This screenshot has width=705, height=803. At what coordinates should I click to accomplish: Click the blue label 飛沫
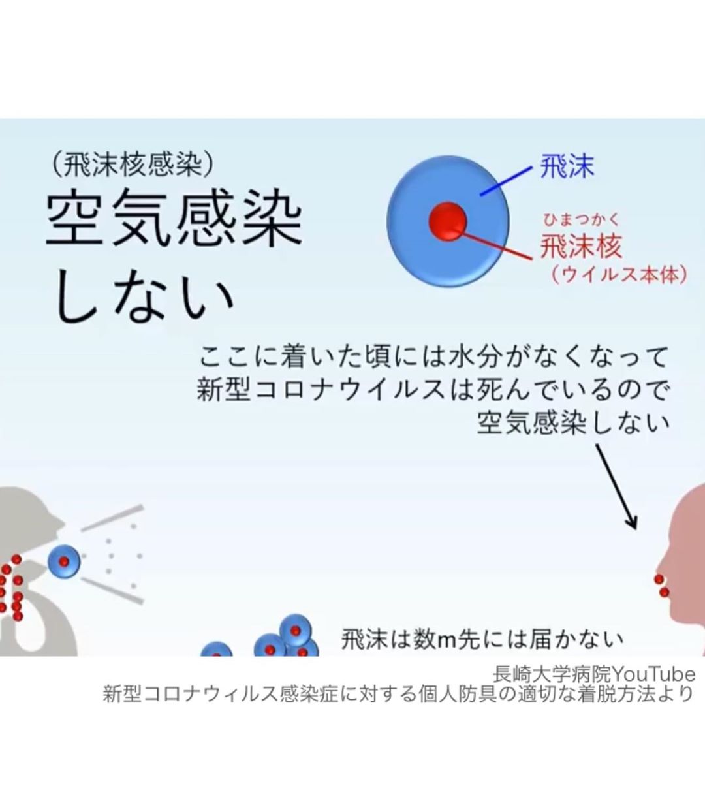tap(567, 166)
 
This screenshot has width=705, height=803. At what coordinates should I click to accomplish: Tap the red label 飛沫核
tap(580, 246)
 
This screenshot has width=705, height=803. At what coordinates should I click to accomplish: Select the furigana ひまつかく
tap(580, 221)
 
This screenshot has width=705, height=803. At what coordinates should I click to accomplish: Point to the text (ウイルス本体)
tap(619, 274)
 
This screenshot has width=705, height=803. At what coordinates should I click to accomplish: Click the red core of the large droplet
tap(447, 221)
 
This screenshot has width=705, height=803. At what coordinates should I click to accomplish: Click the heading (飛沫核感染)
tap(133, 164)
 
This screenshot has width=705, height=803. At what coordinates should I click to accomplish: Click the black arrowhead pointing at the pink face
tap(633, 522)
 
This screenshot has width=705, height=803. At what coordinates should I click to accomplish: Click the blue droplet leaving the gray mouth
tap(64, 561)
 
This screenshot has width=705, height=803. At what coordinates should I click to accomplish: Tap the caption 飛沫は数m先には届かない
tap(482, 639)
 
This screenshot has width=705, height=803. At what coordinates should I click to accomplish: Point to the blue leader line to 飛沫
tap(506, 181)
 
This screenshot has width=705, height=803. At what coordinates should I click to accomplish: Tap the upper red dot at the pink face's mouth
tap(659, 580)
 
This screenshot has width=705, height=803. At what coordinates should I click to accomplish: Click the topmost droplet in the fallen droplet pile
tap(295, 630)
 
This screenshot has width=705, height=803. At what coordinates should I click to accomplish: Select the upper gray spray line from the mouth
tap(112, 518)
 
